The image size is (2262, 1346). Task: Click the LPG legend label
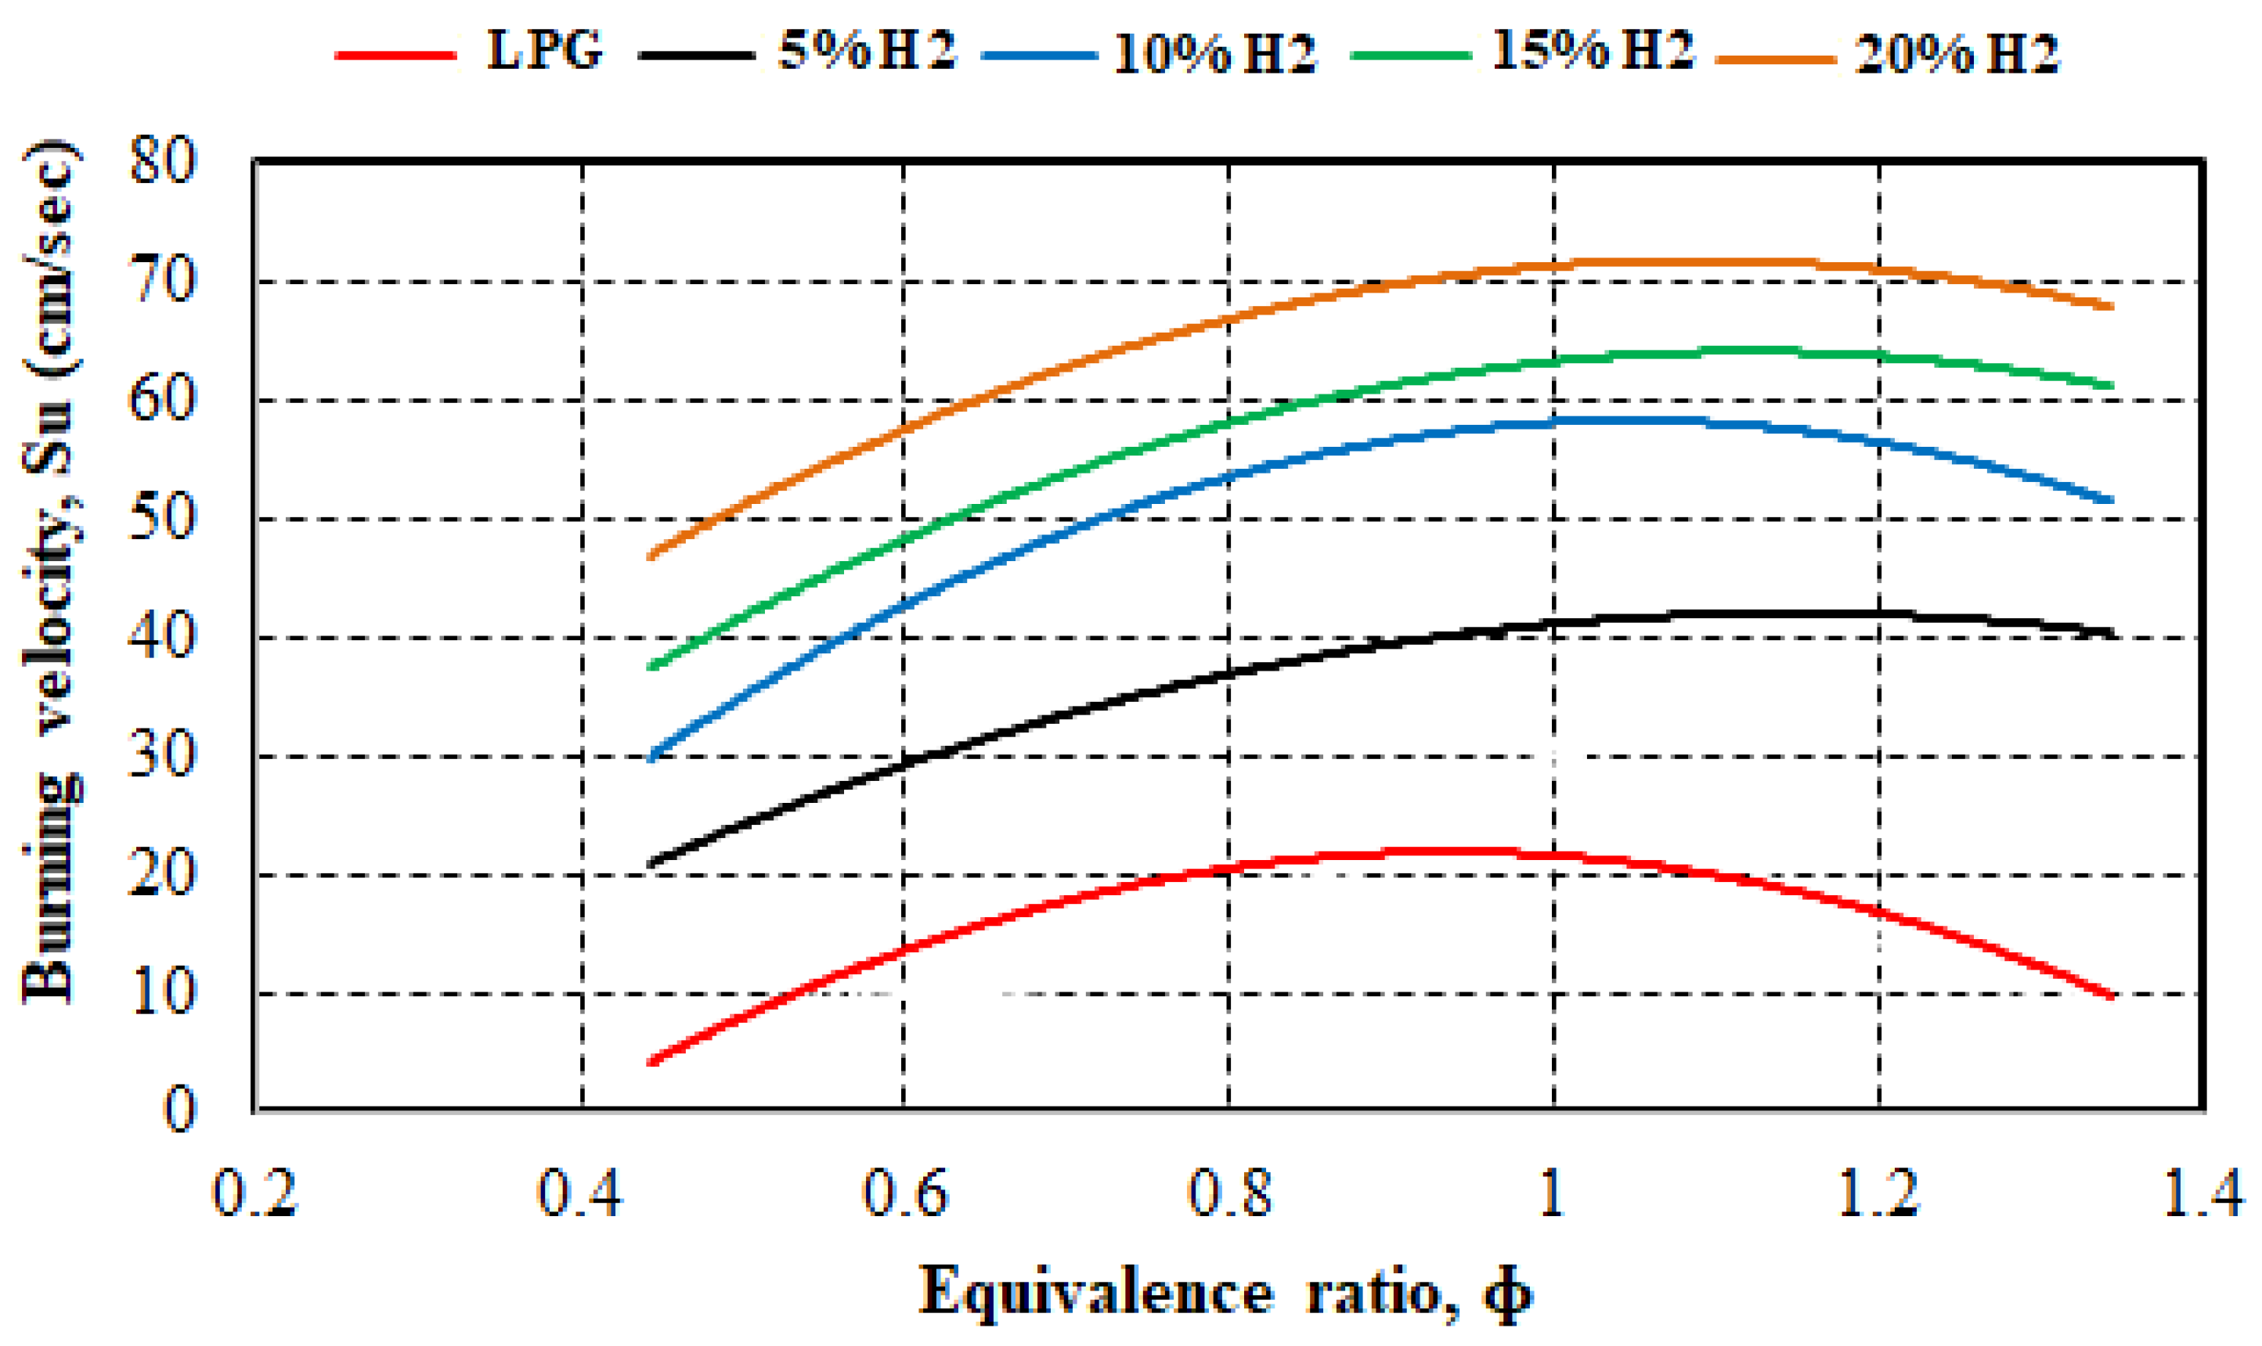pyautogui.click(x=544, y=51)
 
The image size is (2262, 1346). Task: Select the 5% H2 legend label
pyautogui.click(x=867, y=51)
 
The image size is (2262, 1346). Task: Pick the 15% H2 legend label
pyautogui.click(x=1593, y=51)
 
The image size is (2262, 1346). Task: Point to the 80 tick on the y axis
pyautogui.click(x=164, y=164)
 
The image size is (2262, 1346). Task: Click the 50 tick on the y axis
pyautogui.click(x=164, y=520)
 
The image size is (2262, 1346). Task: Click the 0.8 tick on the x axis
pyautogui.click(x=1229, y=1193)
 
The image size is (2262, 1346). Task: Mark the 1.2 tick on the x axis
pyautogui.click(x=1878, y=1193)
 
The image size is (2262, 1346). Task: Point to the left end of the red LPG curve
pyautogui.click(x=651, y=1061)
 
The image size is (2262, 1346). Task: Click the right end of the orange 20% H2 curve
pyautogui.click(x=2112, y=307)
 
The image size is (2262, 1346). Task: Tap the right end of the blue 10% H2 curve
pyautogui.click(x=2112, y=501)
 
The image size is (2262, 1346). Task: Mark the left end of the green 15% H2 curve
pyautogui.click(x=651, y=667)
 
